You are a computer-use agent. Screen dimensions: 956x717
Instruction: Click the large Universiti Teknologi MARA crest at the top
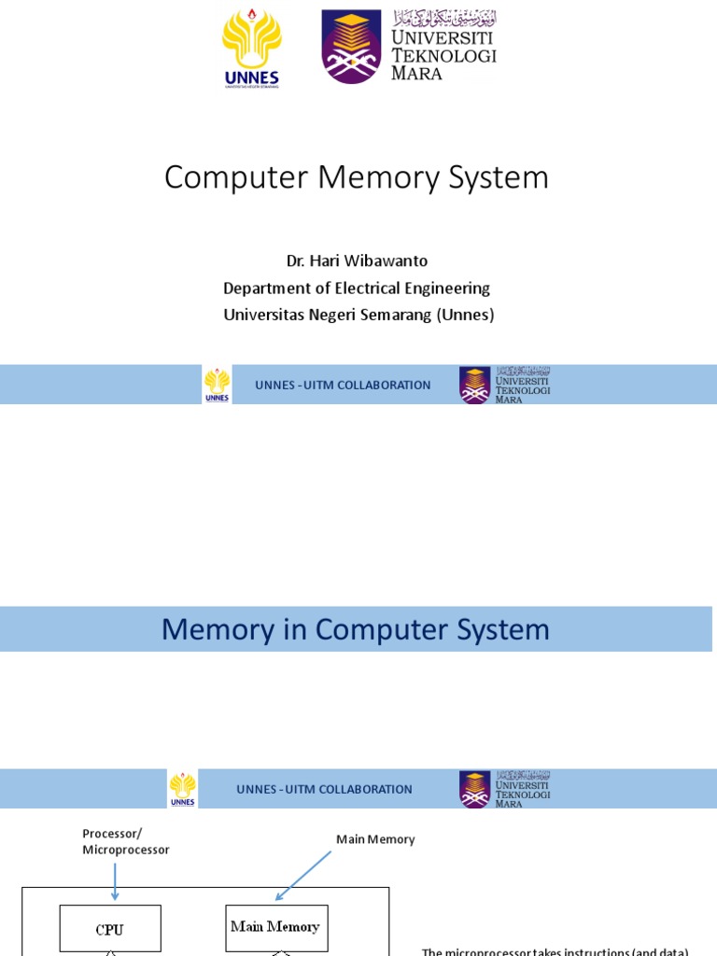coord(351,46)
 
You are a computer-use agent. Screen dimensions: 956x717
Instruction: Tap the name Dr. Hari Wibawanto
coord(357,261)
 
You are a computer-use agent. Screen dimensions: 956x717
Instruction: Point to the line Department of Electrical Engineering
coord(357,288)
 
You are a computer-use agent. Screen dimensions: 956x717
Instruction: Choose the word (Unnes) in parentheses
coord(465,316)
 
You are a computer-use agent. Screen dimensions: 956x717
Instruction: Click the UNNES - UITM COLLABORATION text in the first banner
coord(343,386)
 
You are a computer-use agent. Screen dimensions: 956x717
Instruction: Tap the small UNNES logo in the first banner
coord(217,385)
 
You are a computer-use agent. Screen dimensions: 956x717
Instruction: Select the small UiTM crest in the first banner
coord(474,385)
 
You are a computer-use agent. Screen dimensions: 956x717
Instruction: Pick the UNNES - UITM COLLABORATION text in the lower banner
coord(324,790)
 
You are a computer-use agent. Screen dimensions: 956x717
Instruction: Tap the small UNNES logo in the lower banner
coord(183,789)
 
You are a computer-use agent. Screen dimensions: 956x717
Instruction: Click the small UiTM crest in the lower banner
coord(474,789)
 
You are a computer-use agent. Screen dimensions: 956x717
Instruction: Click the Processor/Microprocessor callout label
coord(125,841)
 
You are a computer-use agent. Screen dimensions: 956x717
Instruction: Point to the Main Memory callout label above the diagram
coord(375,839)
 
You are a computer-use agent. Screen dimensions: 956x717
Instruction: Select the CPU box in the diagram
coord(110,929)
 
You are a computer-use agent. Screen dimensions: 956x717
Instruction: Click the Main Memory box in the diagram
coord(275,927)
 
